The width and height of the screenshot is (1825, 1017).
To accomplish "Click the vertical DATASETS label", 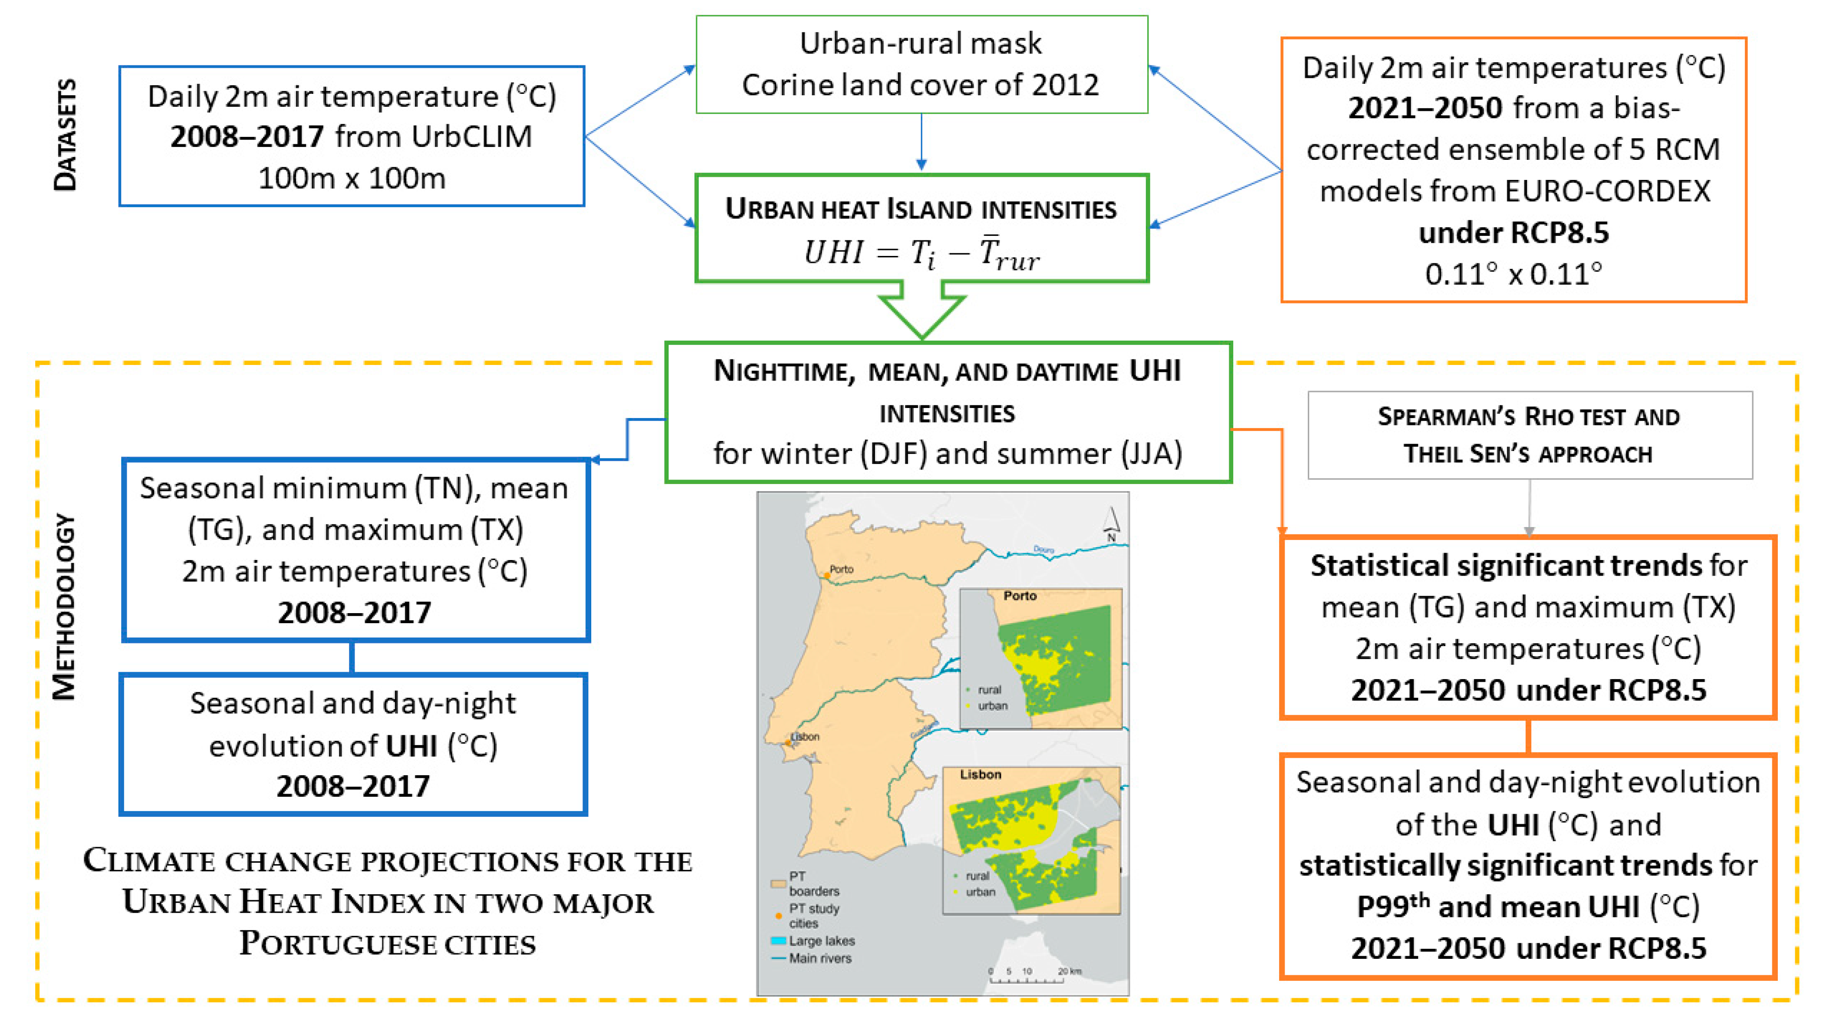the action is [x=65, y=135].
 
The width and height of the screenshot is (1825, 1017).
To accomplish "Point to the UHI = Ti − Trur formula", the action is [x=921, y=253].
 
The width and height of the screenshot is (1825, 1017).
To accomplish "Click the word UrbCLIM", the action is [x=472, y=136].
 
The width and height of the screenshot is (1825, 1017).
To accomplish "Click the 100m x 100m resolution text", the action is [x=351, y=178].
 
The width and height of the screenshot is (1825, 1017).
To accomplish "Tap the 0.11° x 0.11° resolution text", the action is [x=1513, y=273].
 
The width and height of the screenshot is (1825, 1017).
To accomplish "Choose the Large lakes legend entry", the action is [x=813, y=941].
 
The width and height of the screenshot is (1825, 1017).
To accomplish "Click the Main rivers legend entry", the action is [x=811, y=958].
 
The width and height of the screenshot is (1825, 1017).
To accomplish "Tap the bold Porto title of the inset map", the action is [x=1020, y=596].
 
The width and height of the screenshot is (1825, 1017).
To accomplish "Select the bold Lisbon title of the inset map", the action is [x=981, y=775].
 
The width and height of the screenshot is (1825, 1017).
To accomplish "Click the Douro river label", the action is [x=1043, y=549].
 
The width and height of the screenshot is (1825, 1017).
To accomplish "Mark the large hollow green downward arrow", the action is [x=921, y=310].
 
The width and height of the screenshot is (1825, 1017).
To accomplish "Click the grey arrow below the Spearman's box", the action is [x=1529, y=508].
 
